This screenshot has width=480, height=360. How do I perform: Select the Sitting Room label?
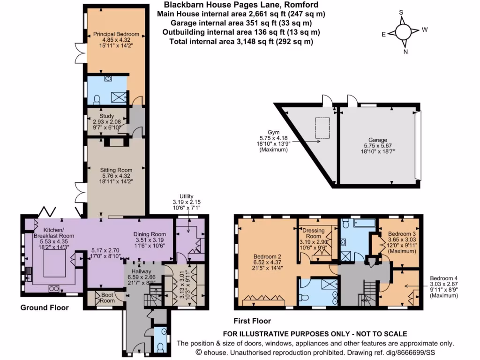(x=116, y=170)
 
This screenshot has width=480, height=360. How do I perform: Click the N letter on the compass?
(x=405, y=52)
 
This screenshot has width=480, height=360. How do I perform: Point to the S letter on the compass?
(x=401, y=13)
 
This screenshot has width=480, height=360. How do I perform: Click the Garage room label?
(x=377, y=140)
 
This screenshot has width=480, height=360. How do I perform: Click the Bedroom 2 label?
(x=267, y=256)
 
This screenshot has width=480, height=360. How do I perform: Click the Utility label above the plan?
(x=186, y=196)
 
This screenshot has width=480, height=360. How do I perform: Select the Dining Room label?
(x=150, y=234)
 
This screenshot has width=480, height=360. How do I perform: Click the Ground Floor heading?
(x=45, y=308)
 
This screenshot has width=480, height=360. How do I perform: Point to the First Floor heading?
(x=252, y=322)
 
